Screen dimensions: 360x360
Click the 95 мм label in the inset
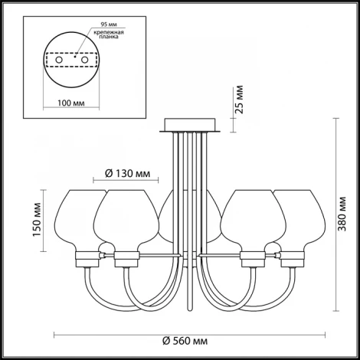click(109, 25)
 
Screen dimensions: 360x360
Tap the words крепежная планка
click(109, 34)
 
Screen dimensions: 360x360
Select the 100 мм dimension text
click(71, 103)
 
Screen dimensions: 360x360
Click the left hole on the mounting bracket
click(59, 60)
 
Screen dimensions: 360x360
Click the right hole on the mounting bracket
click(84, 60)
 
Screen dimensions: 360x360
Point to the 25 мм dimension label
click(239, 100)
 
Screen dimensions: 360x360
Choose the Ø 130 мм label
click(128, 174)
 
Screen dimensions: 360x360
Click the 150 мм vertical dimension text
click(38, 220)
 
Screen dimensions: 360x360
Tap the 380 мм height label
click(342, 214)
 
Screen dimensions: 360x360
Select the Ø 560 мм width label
click(185, 341)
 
